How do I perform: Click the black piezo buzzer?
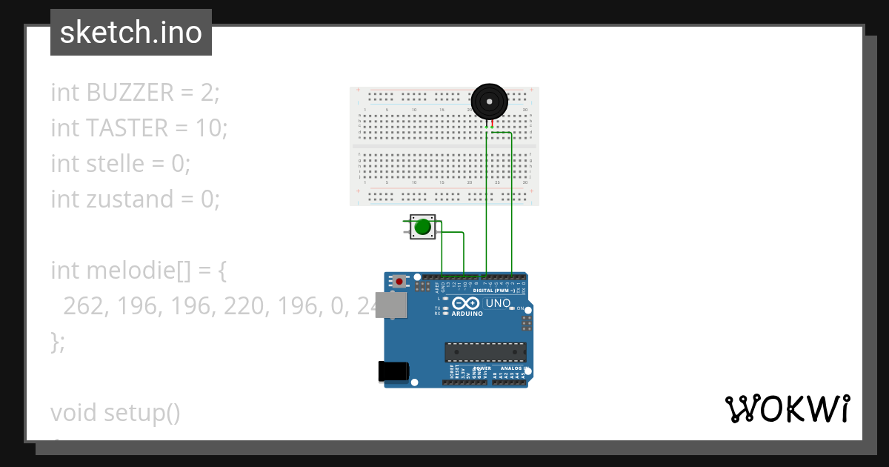point(490,102)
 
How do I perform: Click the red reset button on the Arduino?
point(400,281)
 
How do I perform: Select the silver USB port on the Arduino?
point(390,305)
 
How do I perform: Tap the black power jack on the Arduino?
point(393,371)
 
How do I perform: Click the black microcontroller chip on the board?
point(485,352)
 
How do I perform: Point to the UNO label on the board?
point(497,304)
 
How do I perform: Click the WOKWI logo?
point(788,409)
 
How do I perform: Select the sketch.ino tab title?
point(131,33)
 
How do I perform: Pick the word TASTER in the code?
point(127,128)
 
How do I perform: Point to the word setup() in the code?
point(141,412)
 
